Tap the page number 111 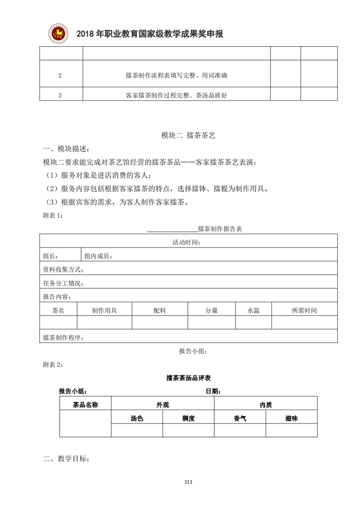[x=188, y=482]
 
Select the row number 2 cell [x=60, y=76]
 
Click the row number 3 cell [x=60, y=95]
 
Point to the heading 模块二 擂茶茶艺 [x=188, y=135]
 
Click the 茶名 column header [x=58, y=310]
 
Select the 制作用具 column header [x=104, y=310]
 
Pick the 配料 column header [x=160, y=310]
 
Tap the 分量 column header [x=212, y=310]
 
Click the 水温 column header [x=253, y=310]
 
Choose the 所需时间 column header [x=304, y=310]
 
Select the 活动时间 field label [x=186, y=242]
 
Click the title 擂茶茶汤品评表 [x=188, y=378]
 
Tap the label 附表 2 [x=53, y=364]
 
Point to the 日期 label [x=213, y=391]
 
